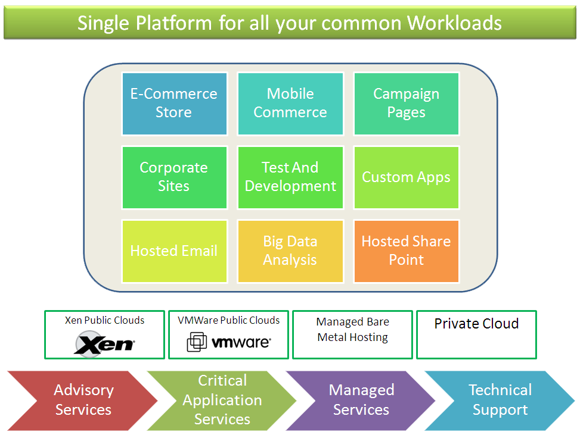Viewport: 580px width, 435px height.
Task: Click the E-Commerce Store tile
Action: pyautogui.click(x=174, y=104)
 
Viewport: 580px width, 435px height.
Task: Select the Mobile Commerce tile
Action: pyautogui.click(x=290, y=104)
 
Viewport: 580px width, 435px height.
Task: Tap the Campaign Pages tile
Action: pyautogui.click(x=406, y=104)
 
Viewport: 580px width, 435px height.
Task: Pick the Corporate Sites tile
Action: pyautogui.click(x=174, y=177)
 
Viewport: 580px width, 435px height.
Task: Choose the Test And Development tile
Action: pyautogui.click(x=290, y=177)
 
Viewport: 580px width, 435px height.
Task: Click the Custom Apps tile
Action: pyautogui.click(x=406, y=177)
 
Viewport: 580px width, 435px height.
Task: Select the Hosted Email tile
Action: pyautogui.click(x=174, y=251)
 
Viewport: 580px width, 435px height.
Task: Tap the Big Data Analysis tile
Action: pyautogui.click(x=290, y=251)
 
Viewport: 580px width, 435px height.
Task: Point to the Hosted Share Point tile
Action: pyautogui.click(x=406, y=251)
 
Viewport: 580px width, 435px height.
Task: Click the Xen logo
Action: pyautogui.click(x=105, y=343)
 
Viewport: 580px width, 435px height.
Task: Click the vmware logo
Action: pyautogui.click(x=229, y=342)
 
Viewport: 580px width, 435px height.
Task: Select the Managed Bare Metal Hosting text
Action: pyautogui.click(x=352, y=330)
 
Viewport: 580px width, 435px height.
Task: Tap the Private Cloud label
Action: pyautogui.click(x=476, y=324)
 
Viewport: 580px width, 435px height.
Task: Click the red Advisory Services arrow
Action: pyautogui.click(x=83, y=400)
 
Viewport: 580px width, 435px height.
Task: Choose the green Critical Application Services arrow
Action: pyautogui.click(x=222, y=400)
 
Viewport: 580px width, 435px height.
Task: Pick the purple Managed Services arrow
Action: pyautogui.click(x=361, y=400)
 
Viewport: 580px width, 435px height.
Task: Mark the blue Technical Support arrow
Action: pyautogui.click(x=500, y=400)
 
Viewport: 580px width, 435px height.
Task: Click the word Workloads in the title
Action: pyautogui.click(x=454, y=23)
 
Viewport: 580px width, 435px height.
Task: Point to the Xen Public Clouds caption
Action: pyautogui.click(x=104, y=320)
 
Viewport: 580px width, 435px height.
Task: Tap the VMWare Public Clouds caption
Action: pyautogui.click(x=228, y=320)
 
